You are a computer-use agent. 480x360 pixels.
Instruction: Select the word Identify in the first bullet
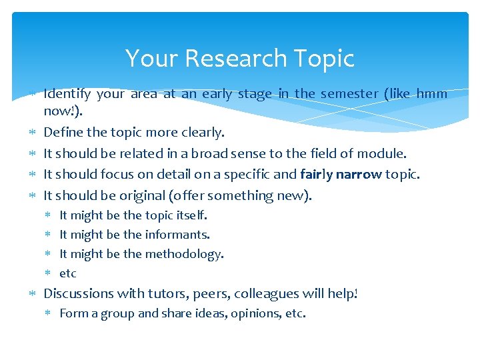pyautogui.click(x=66, y=94)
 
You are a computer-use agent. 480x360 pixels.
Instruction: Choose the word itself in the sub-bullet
pyautogui.click(x=192, y=215)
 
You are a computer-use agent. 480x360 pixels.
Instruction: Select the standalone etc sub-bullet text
pyautogui.click(x=68, y=273)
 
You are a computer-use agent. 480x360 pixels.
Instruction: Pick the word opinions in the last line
pyautogui.click(x=253, y=314)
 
